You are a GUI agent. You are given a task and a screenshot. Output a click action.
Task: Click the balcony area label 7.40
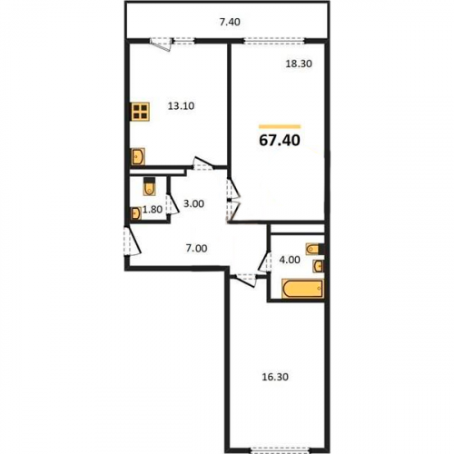point(230,22)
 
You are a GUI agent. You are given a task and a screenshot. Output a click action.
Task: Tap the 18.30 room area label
point(299,64)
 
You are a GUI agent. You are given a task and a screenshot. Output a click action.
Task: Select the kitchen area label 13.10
point(181,106)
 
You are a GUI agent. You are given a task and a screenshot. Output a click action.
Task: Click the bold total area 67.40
point(280,141)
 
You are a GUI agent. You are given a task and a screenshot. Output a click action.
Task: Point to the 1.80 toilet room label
point(153,209)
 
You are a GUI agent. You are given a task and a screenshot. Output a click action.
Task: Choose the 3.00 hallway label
point(194,203)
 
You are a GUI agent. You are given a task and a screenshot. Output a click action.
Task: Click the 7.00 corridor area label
point(197,249)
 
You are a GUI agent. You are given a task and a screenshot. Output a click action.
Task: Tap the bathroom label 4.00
point(290,260)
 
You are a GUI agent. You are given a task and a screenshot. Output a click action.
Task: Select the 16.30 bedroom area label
point(275,377)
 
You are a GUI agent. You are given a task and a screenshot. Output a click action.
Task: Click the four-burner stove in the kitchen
point(140,112)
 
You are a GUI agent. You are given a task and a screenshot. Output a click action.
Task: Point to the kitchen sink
point(138,156)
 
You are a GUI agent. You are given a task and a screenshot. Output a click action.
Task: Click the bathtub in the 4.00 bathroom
point(302,289)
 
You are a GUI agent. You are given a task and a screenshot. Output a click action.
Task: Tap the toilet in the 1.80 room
point(149,186)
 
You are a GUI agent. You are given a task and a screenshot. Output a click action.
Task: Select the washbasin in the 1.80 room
point(135,213)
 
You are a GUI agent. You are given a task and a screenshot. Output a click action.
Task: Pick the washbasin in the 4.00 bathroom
point(318,266)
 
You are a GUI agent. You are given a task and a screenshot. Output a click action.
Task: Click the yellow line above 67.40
point(280,126)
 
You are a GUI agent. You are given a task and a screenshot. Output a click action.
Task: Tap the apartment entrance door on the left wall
point(132,242)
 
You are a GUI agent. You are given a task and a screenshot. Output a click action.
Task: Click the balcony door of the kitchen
point(162,44)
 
